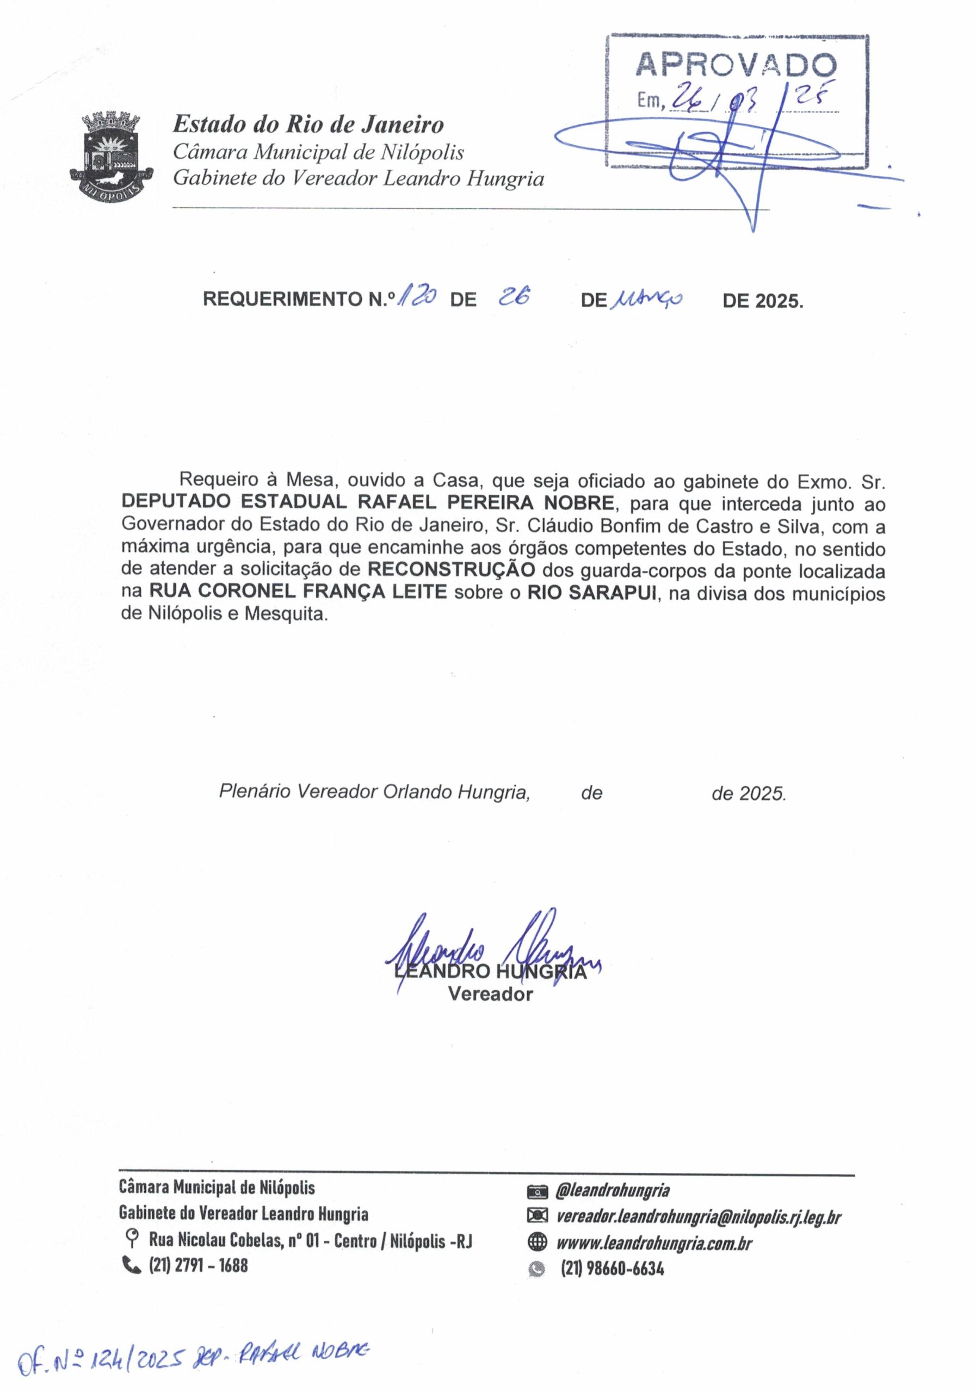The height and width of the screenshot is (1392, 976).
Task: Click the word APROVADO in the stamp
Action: tap(736, 65)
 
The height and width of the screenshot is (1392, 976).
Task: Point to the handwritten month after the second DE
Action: tap(648, 299)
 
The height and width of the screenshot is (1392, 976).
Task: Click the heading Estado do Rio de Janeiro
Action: tap(308, 125)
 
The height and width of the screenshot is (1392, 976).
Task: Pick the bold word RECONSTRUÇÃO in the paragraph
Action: tap(452, 570)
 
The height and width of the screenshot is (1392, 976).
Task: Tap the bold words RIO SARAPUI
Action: tap(591, 592)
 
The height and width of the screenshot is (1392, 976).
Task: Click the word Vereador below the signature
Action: tap(490, 995)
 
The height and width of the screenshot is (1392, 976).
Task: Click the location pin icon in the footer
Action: tap(129, 1238)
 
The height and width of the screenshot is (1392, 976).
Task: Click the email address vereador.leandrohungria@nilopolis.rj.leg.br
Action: tap(698, 1216)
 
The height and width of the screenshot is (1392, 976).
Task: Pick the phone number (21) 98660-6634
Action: tap(612, 1269)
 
